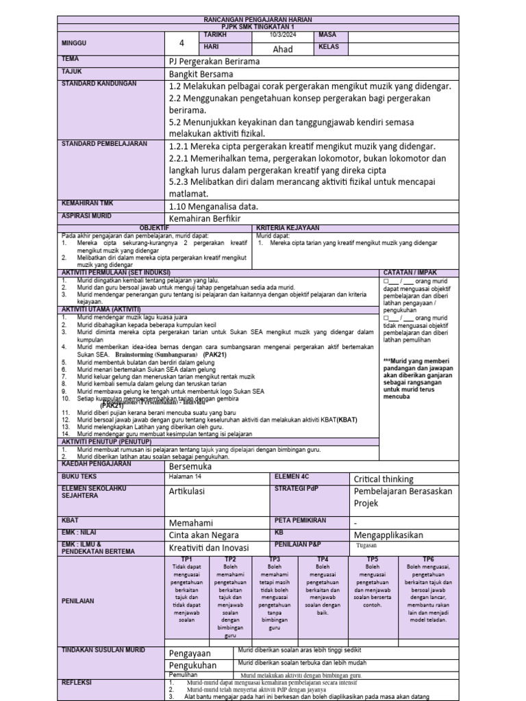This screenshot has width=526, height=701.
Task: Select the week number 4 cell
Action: point(182,43)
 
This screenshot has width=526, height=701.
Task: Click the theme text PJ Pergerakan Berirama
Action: point(214,61)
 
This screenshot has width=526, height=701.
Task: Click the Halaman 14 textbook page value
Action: point(185,475)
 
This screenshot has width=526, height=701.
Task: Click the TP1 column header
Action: point(186,559)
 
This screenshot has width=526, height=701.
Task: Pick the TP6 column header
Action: point(428,559)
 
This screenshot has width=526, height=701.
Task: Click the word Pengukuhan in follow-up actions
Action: point(192,665)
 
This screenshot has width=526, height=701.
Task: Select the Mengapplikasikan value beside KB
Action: point(388,535)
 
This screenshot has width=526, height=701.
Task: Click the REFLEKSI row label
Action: point(77,683)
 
